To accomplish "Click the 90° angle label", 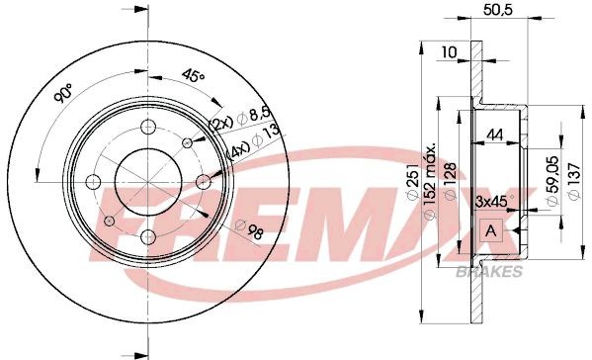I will click(x=64, y=94).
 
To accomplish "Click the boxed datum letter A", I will click(x=488, y=231).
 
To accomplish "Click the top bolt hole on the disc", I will click(x=147, y=127).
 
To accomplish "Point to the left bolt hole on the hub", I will click(x=93, y=181).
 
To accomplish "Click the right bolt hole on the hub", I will click(x=202, y=181).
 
